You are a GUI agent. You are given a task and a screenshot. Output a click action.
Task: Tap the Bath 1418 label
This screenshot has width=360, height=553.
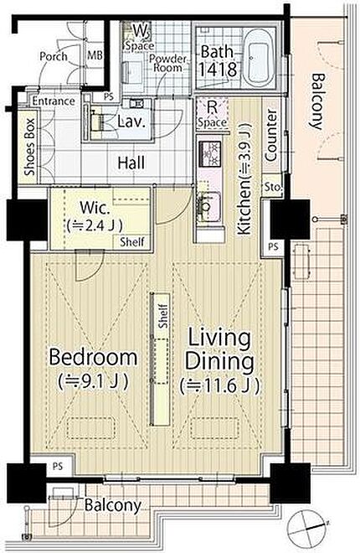point(218,61)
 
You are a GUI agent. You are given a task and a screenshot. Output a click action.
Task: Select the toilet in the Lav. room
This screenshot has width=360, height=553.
point(95,121)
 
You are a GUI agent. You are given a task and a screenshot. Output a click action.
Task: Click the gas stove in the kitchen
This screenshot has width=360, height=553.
point(210,153)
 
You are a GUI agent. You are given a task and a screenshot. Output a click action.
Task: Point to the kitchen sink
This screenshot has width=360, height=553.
point(210,206)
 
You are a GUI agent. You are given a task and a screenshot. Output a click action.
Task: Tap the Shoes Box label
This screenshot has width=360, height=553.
point(30,147)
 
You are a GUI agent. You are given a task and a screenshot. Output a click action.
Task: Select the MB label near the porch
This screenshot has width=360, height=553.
point(95,55)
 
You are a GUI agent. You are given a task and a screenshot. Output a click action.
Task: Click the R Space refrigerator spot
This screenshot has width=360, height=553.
point(212,115)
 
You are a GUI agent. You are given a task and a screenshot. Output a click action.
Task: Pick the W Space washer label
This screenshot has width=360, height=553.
point(140,37)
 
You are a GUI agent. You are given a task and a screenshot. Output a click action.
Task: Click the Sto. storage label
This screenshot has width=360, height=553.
point(273,186)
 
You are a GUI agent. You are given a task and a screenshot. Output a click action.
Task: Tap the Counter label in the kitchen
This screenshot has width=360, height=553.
point(271,136)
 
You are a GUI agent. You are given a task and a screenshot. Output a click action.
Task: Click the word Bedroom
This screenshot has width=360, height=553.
point(93,357)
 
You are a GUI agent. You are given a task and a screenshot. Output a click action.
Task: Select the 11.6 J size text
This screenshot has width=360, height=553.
point(220,385)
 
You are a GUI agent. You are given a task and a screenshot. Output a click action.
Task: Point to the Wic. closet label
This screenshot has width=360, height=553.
point(95,208)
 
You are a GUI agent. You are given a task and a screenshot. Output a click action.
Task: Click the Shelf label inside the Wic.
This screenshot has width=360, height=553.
point(131,242)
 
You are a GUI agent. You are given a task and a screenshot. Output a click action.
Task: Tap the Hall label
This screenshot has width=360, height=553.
point(131,163)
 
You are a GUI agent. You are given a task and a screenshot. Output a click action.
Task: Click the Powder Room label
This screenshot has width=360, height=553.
point(167,63)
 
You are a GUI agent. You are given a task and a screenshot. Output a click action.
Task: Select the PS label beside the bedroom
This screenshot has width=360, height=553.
point(58,466)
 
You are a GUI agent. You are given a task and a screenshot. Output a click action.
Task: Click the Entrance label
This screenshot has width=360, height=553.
point(54,101)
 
